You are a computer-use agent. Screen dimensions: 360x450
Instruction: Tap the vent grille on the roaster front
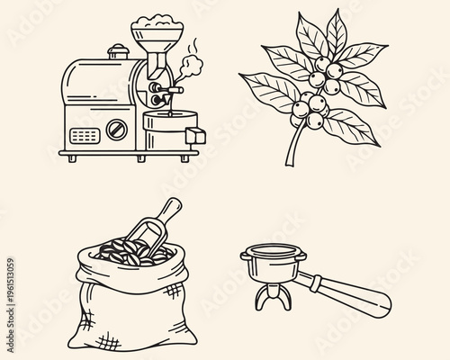(x=84, y=136)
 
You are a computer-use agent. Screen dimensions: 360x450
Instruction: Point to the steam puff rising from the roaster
(x=192, y=67)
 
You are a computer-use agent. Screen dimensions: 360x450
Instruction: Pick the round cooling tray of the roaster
(x=166, y=134)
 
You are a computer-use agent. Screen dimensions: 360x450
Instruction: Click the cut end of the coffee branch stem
(x=289, y=164)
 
